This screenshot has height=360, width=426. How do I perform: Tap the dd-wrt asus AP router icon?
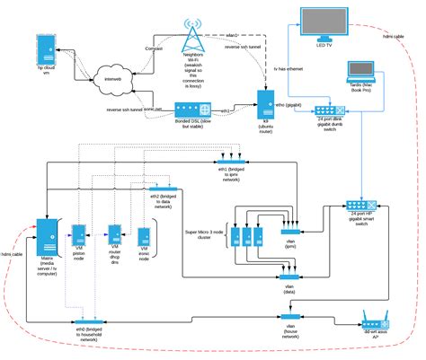coord(375,320)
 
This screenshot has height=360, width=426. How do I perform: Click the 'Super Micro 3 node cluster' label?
coord(205,237)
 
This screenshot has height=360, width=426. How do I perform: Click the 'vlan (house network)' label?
coord(289,332)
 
